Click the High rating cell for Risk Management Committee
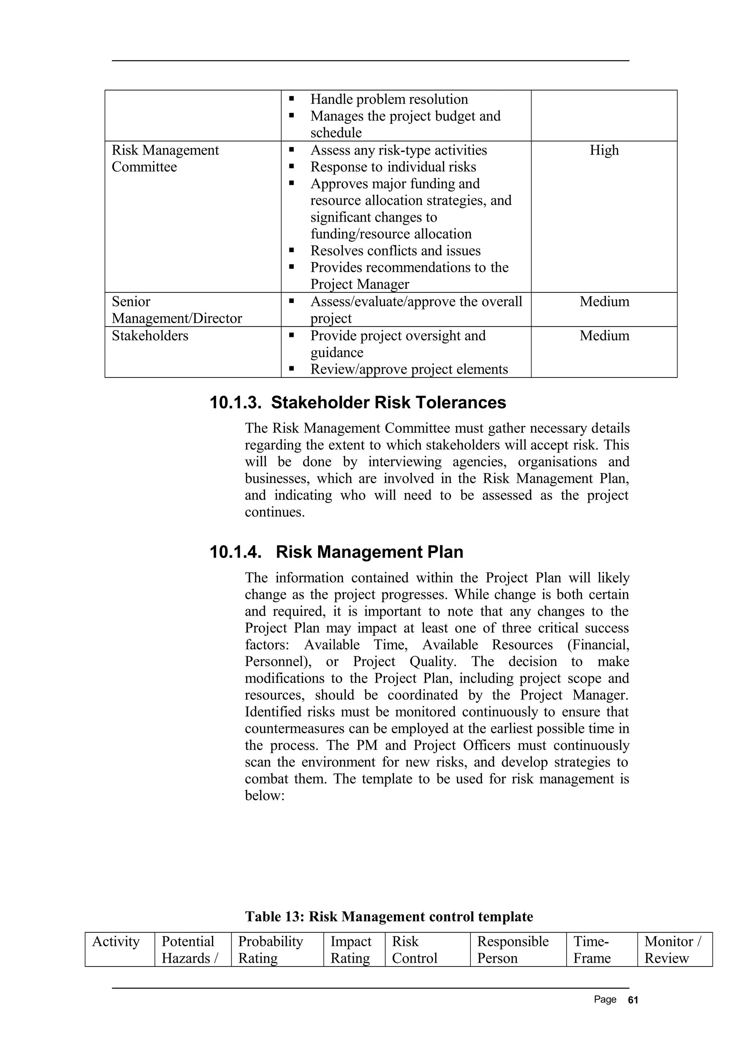coord(604,150)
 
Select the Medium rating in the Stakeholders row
coord(604,336)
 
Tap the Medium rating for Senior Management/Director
coord(604,302)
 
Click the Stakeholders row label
coord(150,336)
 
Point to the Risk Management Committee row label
coord(165,159)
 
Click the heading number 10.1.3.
coord(236,403)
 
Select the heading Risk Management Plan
coord(369,552)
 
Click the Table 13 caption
coord(389,917)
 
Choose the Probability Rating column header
coord(270,949)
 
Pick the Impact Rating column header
coord(351,949)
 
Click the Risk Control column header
coord(414,949)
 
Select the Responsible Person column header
coord(512,949)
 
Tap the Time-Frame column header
coord(591,949)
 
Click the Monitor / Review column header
coord(672,949)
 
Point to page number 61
coord(633,1000)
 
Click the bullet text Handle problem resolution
coord(389,100)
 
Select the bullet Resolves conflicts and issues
coord(395,251)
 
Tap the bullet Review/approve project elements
coord(409,369)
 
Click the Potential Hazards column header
coord(189,949)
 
